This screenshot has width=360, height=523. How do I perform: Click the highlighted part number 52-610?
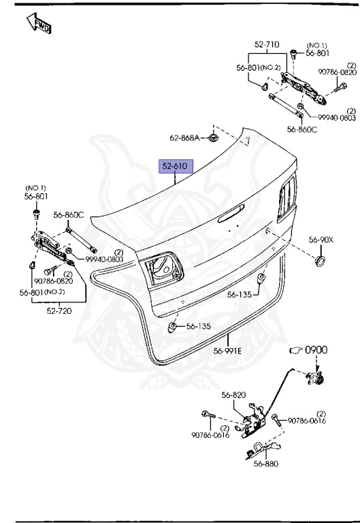pyautogui.click(x=176, y=166)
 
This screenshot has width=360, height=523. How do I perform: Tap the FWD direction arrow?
pyautogui.click(x=39, y=23)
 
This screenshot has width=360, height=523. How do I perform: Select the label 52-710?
pyautogui.click(x=267, y=44)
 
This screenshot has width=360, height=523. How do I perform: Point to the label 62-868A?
pyautogui.click(x=184, y=138)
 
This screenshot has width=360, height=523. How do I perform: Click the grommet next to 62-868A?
pyautogui.click(x=212, y=137)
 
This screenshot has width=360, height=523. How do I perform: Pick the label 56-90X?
pyautogui.click(x=321, y=240)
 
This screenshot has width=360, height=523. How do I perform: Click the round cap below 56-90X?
pyautogui.click(x=321, y=261)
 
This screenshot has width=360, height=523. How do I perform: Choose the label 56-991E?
pyautogui.click(x=228, y=351)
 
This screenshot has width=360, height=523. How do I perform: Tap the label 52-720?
pyautogui.click(x=59, y=311)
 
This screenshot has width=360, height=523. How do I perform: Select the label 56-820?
pyautogui.click(x=233, y=395)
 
